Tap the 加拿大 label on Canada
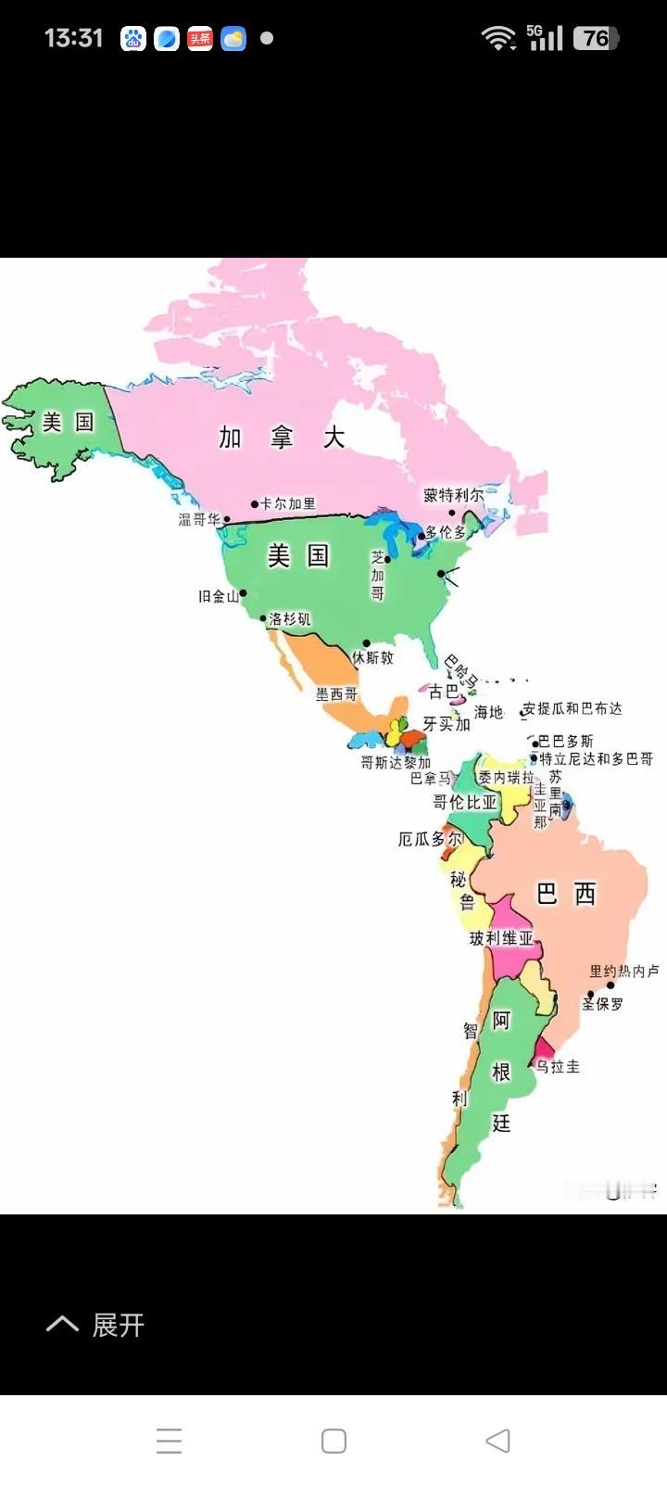coord(282,437)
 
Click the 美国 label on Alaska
coord(69,423)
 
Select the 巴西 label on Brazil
coord(566,894)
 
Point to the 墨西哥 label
coord(335,693)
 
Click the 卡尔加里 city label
coord(287,503)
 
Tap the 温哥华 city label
coord(199,519)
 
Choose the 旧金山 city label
coord(219,596)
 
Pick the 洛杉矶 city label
coord(290,619)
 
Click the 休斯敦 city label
coord(372,657)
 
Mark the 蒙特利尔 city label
coord(454,495)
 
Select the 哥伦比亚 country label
coord(465,802)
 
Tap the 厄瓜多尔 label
coord(430,839)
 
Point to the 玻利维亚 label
coord(501,938)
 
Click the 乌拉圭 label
coord(558,1066)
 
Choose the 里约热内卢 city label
coord(624,972)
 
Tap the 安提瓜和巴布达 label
coord(573,708)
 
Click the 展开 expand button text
coord(118,1325)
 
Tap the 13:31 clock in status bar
coord(73,38)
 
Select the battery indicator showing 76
coord(596,38)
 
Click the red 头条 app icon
coord(200,38)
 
